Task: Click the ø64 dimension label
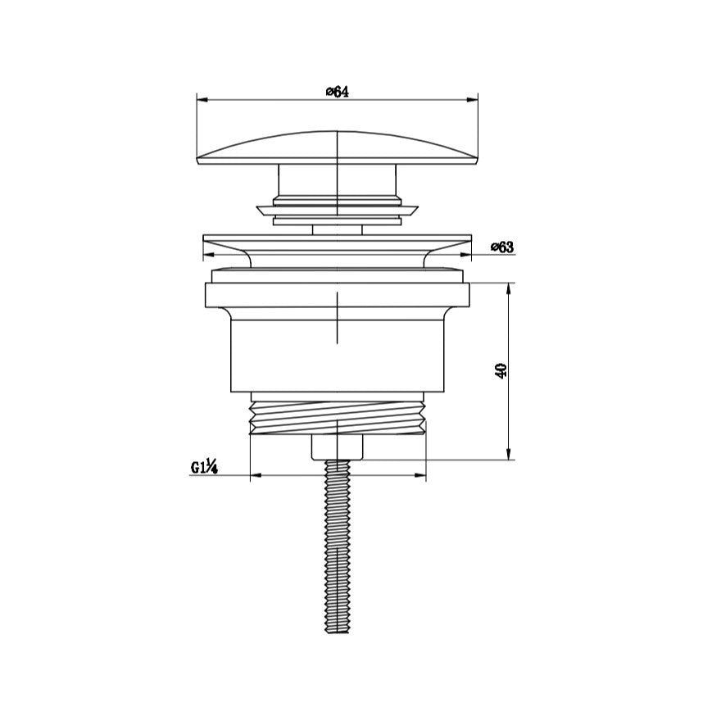coord(338,92)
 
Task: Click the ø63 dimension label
coord(502,247)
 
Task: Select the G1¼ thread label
coord(204,467)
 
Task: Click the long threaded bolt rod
coord(337,546)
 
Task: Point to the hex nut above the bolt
coord(337,447)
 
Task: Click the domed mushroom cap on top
coord(337,147)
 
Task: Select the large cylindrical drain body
coord(337,356)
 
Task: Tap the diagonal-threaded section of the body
coord(337,417)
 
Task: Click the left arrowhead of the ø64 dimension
coord(203,99)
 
